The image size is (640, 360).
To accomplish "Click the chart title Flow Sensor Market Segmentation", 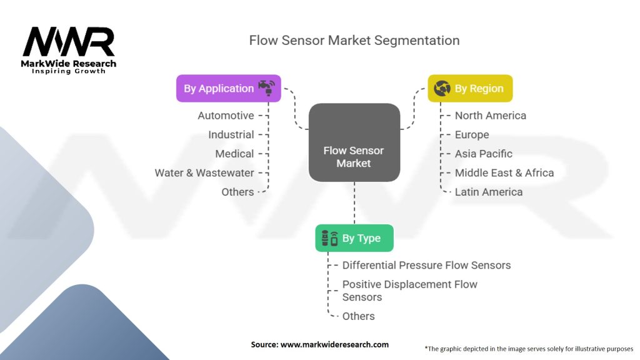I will coord(354,41).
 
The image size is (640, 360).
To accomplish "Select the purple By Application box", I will coord(229,88).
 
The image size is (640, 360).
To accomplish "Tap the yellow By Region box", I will coord(470,89).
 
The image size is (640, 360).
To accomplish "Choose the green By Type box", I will coord(354,238).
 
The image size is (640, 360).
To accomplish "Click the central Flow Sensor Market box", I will coord(354,157).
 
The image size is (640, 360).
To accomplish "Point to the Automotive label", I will coord(226,116).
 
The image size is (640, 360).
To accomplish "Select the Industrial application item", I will coord(231,134).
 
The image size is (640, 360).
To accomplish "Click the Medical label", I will coord(234,154).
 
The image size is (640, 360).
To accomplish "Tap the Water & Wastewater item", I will coord(204,173).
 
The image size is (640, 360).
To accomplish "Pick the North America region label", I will coord(490,116).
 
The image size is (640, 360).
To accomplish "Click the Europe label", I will coord(472,134).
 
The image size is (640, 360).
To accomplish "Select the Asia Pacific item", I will coord(483,154).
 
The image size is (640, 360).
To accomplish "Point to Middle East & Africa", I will coord(504,173).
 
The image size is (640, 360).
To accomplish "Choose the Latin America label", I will coord(488,192).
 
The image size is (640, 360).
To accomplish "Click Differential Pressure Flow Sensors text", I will coord(426,266).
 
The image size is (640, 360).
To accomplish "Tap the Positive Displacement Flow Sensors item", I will coord(409,291).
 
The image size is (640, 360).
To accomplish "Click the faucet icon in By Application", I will coord(267,88).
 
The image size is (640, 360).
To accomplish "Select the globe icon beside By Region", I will coord(442,89).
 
